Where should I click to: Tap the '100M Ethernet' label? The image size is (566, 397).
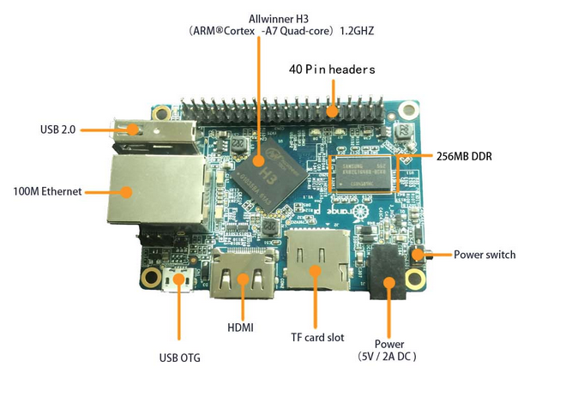tap(48, 191)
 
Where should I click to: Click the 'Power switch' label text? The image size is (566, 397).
tap(485, 255)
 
